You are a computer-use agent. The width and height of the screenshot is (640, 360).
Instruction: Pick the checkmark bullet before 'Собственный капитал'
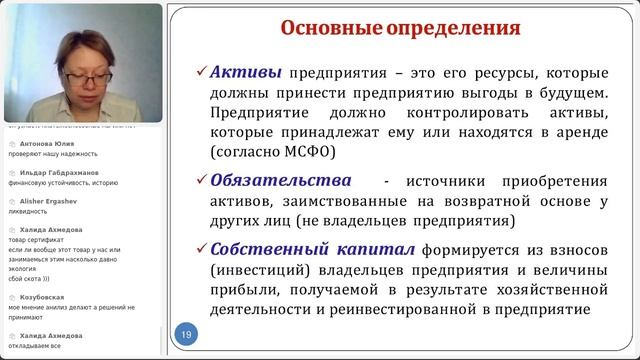point(201,247)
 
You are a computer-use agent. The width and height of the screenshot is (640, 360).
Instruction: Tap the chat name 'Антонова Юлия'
point(44,143)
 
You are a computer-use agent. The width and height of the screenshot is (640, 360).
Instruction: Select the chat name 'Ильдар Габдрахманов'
point(59,172)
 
